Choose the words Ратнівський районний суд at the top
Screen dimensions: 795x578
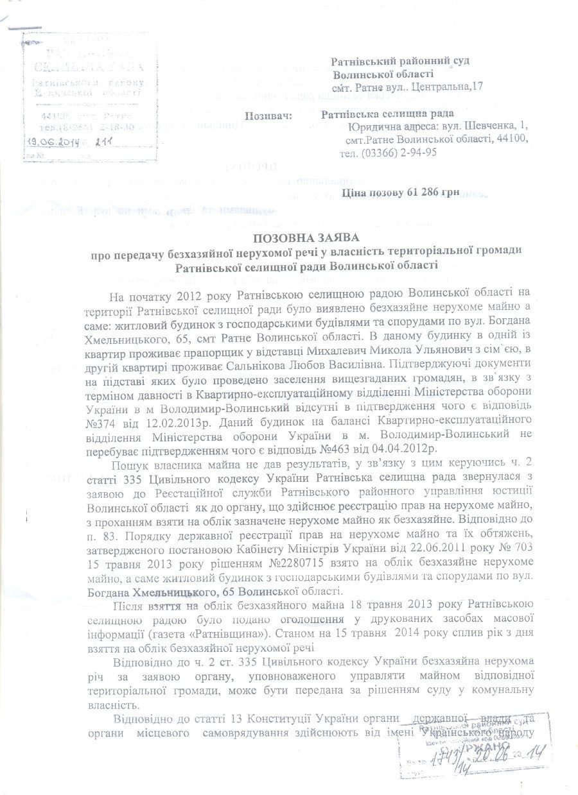tap(401, 60)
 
